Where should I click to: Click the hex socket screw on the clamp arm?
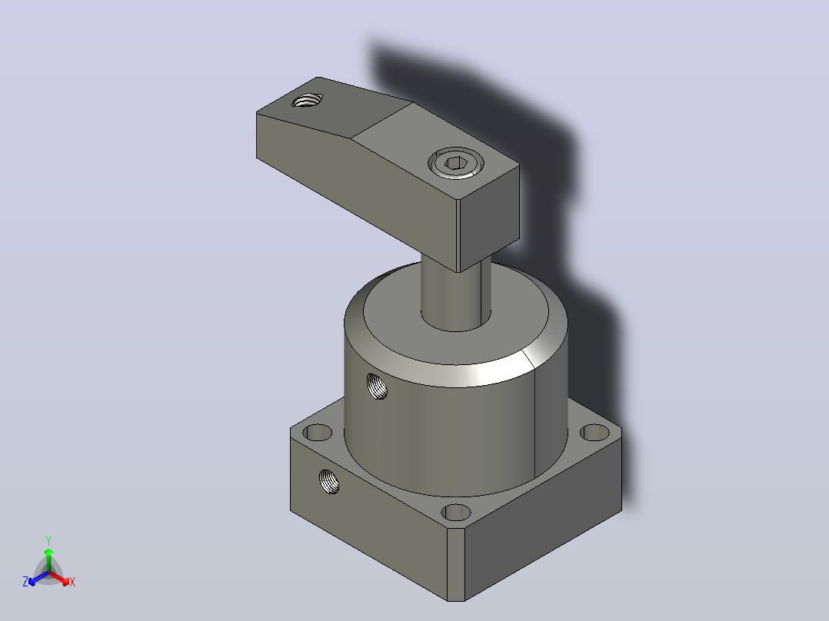(455, 163)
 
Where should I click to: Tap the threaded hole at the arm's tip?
(307, 100)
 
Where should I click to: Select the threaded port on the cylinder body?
(377, 386)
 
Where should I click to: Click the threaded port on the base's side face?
(329, 481)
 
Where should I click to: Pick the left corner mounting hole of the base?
(317, 433)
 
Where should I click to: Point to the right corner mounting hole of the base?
(594, 433)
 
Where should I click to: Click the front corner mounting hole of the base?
(456, 512)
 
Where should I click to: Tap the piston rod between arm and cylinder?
(456, 296)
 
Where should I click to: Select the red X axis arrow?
(59, 578)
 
